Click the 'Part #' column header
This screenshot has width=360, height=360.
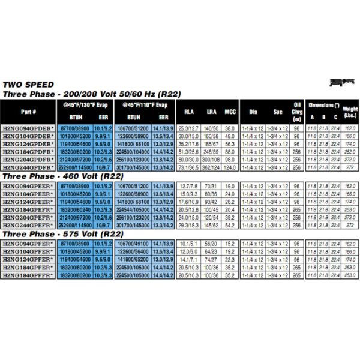click(x=28, y=112)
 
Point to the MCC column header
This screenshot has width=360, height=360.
click(x=229, y=112)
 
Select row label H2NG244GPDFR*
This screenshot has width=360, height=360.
click(x=29, y=169)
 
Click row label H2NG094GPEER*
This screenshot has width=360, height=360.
click(x=29, y=186)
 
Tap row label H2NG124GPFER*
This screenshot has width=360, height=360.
click(x=29, y=259)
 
